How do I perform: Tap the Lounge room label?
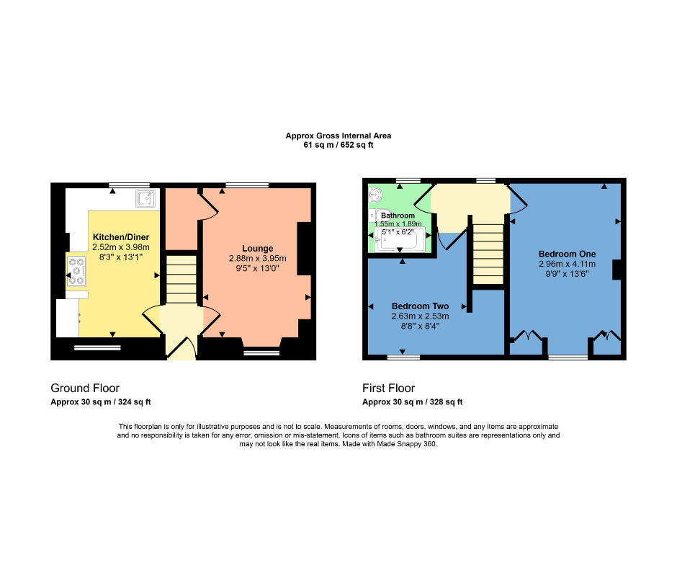tap(257, 249)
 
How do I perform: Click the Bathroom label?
tap(398, 216)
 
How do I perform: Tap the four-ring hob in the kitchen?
tap(76, 271)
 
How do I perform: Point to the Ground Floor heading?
tap(85, 389)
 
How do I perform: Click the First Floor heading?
tap(388, 389)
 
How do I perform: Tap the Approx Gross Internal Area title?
tap(338, 136)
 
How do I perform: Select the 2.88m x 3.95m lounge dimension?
tap(257, 259)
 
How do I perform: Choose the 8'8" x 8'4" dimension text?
tap(420, 325)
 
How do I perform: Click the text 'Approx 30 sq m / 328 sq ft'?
tap(412, 402)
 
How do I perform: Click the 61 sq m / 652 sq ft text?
tap(338, 145)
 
